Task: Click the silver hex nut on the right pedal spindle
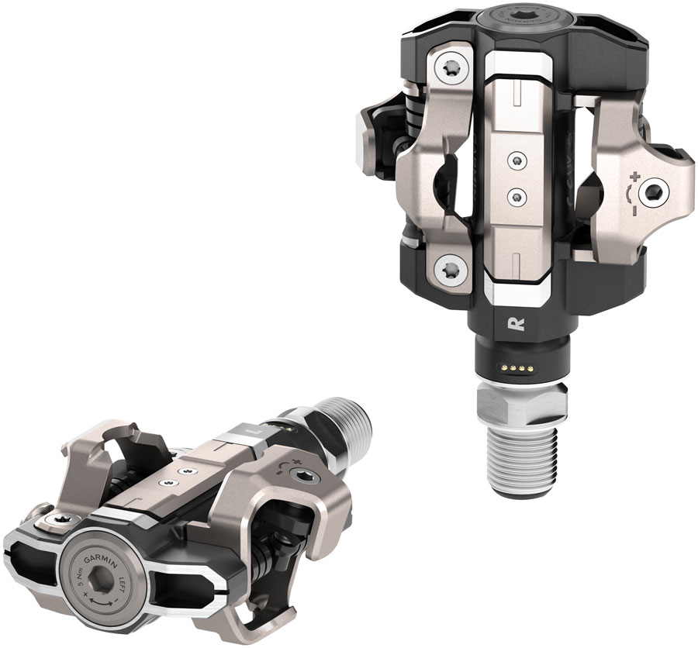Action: pos(515,404)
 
